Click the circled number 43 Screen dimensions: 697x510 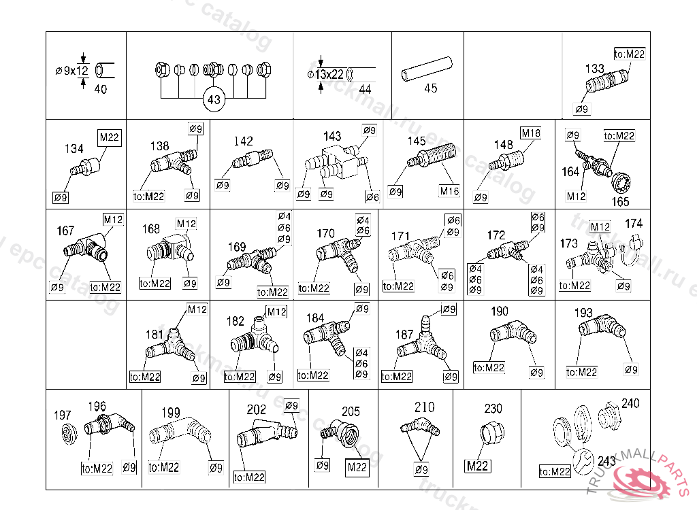(x=214, y=100)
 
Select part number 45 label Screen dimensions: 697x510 (x=430, y=88)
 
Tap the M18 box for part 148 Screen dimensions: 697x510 (x=531, y=133)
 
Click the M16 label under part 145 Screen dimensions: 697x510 (x=449, y=191)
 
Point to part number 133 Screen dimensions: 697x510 (x=595, y=68)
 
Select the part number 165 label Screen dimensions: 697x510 (x=620, y=202)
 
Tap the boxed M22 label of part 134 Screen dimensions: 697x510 (x=110, y=138)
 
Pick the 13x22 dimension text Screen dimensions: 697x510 (x=329, y=74)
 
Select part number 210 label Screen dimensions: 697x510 (x=424, y=407)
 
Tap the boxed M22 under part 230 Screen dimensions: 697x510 (x=478, y=466)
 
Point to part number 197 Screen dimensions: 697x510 (x=63, y=415)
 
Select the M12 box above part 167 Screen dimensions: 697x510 (x=113, y=219)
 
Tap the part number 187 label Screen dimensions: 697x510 (x=404, y=335)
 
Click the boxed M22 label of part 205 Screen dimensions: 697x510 (x=357, y=467)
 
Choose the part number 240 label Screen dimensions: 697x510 (x=630, y=404)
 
